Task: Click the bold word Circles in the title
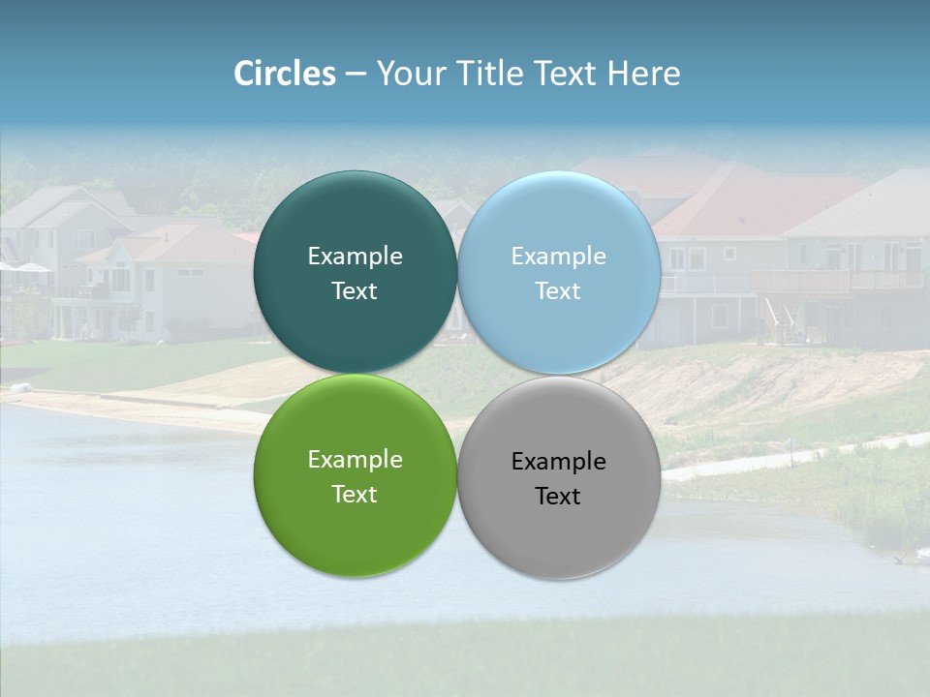[284, 74]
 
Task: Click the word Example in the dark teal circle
[355, 257]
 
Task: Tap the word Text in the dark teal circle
[355, 291]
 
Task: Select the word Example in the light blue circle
[558, 257]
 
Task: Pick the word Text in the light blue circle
[558, 291]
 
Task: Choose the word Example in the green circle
[355, 460]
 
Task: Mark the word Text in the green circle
[355, 495]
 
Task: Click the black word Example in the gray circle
[558, 462]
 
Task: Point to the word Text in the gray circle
[558, 497]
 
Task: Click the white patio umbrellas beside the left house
[24, 267]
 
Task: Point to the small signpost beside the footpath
[790, 446]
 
